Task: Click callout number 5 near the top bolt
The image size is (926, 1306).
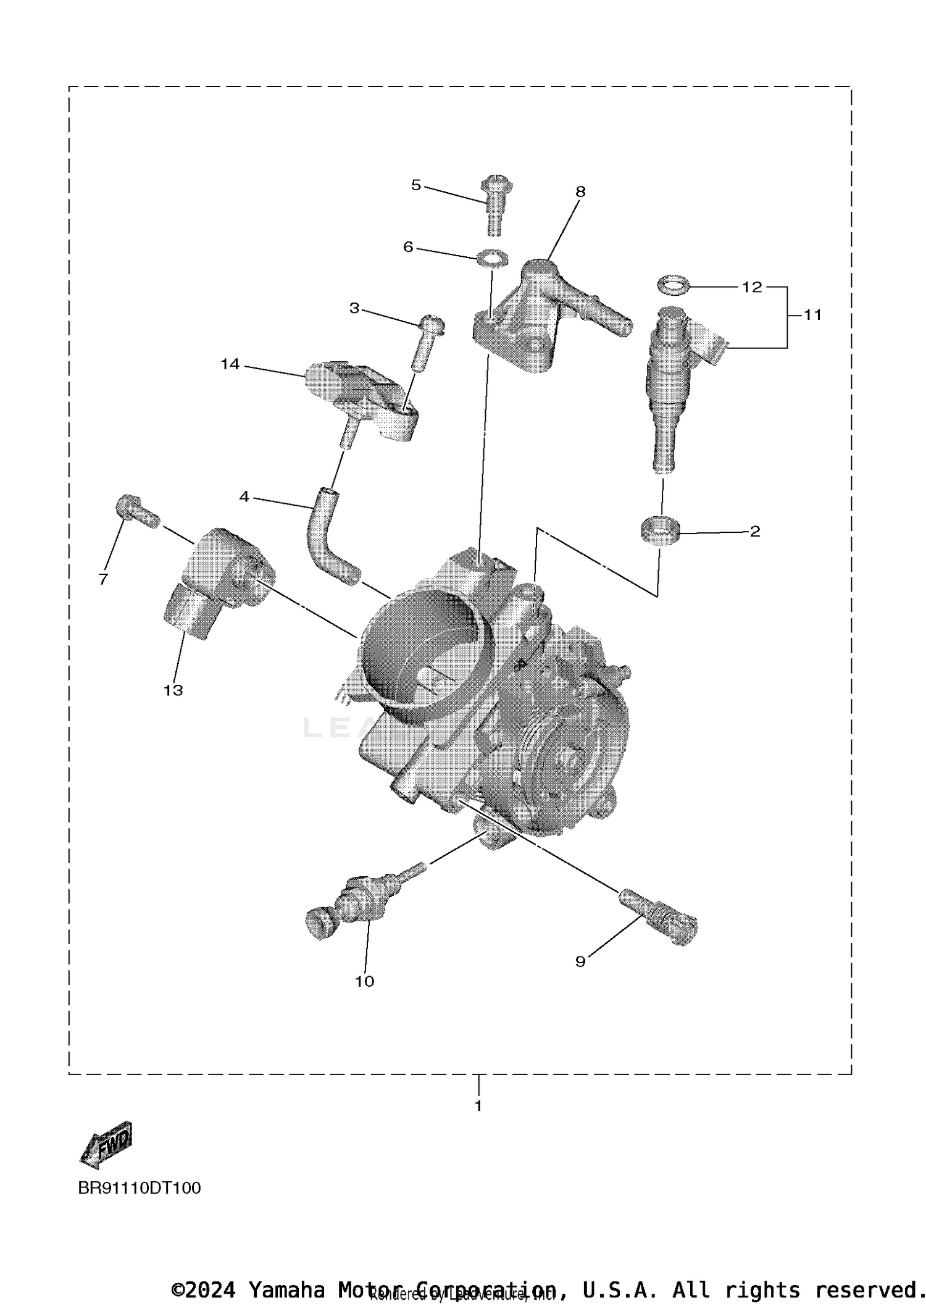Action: click(415, 185)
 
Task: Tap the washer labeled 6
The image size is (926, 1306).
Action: click(492, 257)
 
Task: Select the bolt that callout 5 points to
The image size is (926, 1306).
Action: click(492, 206)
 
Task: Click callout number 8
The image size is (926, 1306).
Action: click(580, 191)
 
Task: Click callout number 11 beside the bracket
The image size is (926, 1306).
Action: click(812, 315)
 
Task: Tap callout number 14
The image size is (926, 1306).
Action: click(230, 364)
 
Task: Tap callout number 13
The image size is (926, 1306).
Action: click(173, 690)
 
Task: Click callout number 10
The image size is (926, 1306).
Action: click(364, 981)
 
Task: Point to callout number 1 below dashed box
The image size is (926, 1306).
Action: click(478, 1106)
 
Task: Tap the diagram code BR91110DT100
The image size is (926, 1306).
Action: click(140, 1188)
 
